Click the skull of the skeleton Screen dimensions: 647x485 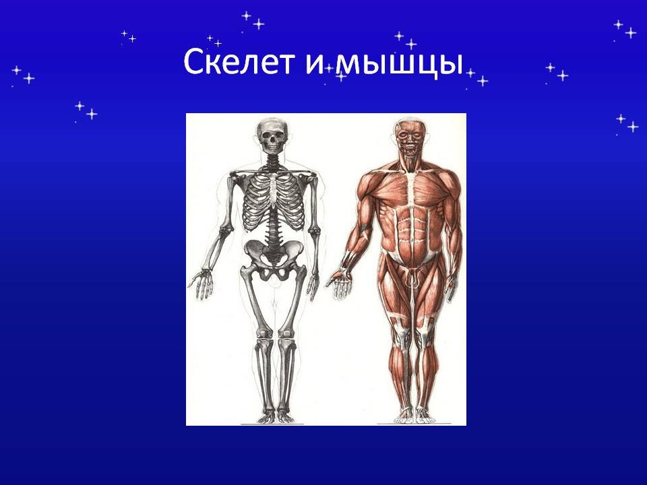click(x=272, y=135)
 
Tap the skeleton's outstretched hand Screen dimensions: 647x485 click(x=201, y=283)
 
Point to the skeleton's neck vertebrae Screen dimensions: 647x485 click(x=272, y=160)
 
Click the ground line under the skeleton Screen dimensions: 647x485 click(x=272, y=424)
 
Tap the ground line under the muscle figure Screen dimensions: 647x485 click(x=414, y=424)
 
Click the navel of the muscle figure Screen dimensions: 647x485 click(x=412, y=239)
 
